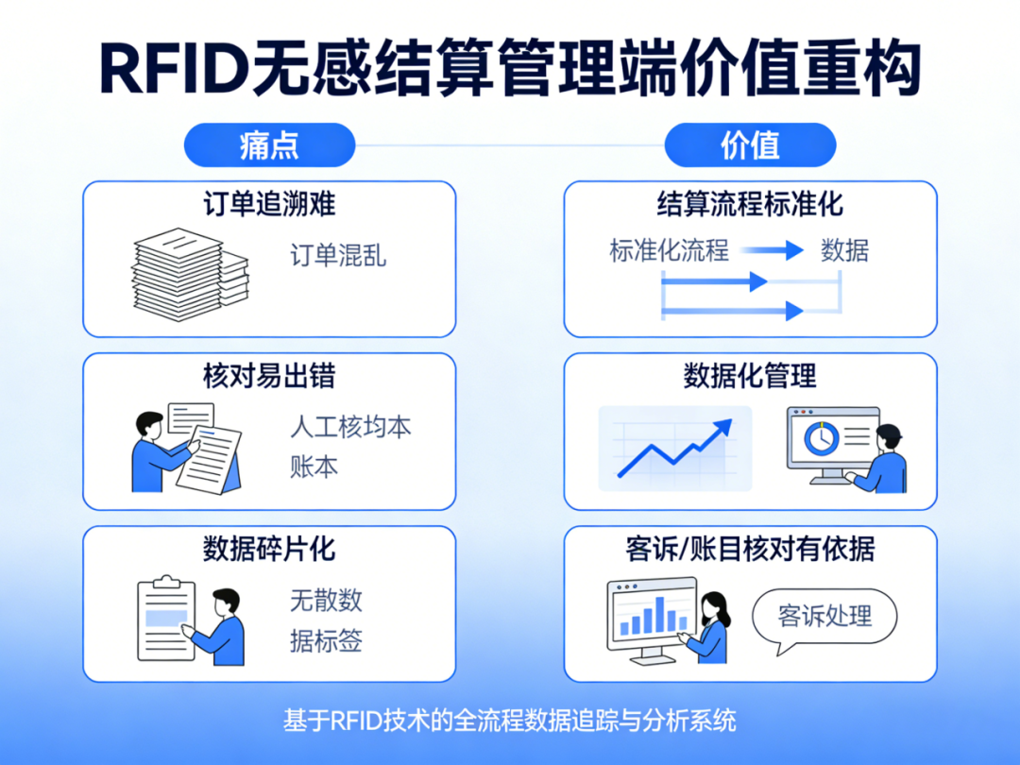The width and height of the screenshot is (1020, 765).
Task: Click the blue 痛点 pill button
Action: (269, 146)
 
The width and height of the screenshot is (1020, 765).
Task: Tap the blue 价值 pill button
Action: (750, 146)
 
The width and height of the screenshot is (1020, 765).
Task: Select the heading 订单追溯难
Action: (269, 204)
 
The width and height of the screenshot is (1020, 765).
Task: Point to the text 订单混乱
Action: (337, 256)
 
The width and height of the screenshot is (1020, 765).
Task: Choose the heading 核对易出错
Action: (269, 376)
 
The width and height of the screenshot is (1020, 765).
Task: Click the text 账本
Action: (314, 467)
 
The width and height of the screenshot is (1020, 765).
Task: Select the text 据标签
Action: (326, 641)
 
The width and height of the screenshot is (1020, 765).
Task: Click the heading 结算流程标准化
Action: (750, 204)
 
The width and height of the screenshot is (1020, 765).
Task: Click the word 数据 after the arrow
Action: (844, 251)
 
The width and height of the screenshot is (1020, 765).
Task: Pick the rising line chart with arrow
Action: (674, 448)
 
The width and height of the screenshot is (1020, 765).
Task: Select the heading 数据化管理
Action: (750, 376)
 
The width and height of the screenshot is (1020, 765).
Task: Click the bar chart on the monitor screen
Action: (650, 616)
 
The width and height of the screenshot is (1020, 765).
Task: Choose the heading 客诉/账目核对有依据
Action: (750, 548)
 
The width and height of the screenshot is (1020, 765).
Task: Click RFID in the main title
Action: (173, 68)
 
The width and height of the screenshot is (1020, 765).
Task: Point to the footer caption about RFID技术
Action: (509, 721)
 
